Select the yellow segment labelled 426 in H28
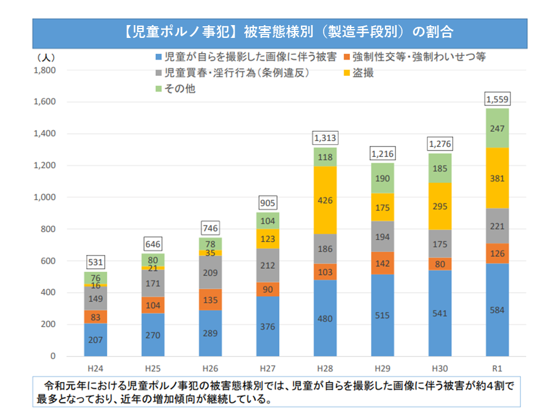pyautogui.click(x=325, y=200)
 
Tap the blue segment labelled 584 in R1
pyautogui.click(x=497, y=310)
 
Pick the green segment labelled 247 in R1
pyautogui.click(x=497, y=128)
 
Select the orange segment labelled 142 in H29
pyautogui.click(x=382, y=263)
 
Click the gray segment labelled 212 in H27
pyautogui.click(x=268, y=265)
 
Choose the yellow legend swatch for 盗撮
pyautogui.click(x=348, y=73)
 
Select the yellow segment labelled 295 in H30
pyautogui.click(x=439, y=206)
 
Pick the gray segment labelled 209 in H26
pyautogui.click(x=210, y=272)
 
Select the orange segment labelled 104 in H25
pyautogui.click(x=153, y=305)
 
